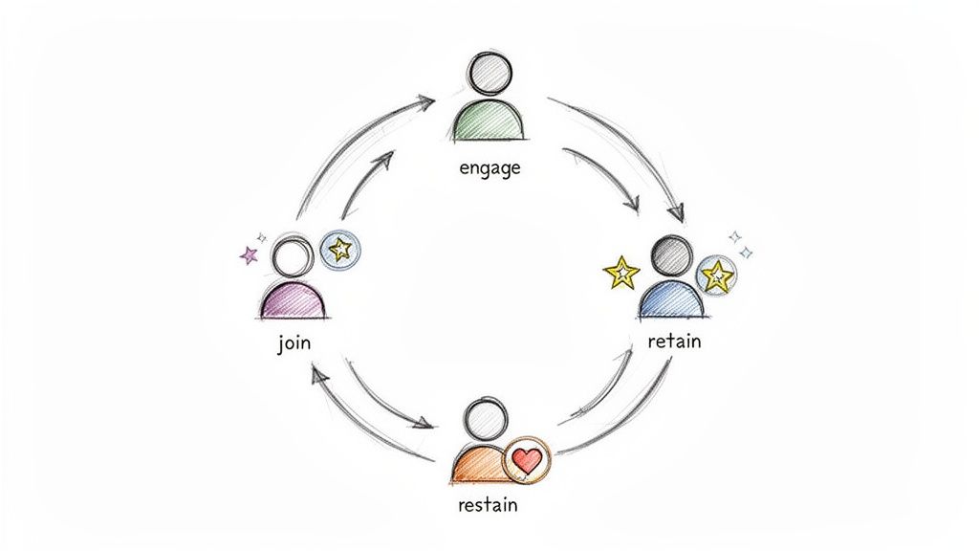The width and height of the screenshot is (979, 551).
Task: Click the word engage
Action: coord(489,169)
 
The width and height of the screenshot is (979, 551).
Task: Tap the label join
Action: coord(294,342)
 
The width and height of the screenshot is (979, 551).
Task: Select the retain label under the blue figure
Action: coord(673,340)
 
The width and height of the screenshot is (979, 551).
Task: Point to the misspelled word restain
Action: coord(488,504)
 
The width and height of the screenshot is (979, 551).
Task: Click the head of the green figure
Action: coord(489,70)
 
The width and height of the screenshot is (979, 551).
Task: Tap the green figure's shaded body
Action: coord(489,120)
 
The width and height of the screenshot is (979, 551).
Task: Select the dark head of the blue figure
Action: coord(670,255)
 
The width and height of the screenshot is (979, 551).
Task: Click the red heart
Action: coord(527,459)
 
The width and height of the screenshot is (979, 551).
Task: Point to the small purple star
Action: coord(249,255)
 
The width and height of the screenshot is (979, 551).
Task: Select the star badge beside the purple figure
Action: coord(339,251)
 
